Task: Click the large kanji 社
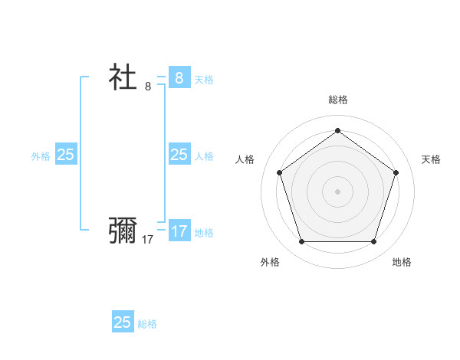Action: pos(123,77)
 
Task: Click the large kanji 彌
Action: pos(123,230)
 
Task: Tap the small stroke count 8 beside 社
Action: pos(148,87)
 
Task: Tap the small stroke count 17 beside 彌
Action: pos(148,239)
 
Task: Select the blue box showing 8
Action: pos(179,78)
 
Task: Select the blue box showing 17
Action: pos(179,231)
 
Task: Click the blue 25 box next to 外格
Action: pos(66,155)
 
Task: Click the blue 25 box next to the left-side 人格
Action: pos(179,155)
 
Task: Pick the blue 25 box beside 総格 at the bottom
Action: pos(123,322)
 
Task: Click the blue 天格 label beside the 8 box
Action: pos(204,80)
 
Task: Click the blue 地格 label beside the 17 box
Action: pos(204,233)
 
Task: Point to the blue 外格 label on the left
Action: pos(41,156)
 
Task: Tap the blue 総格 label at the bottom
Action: pos(147,324)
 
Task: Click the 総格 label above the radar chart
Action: pos(337,100)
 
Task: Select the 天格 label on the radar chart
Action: pos(431,159)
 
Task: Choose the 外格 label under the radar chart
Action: pos(270,262)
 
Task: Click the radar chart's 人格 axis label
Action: pos(245,159)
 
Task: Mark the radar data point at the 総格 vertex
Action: pos(337,130)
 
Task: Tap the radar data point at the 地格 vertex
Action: pos(373,242)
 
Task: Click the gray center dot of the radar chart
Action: pos(337,191)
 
